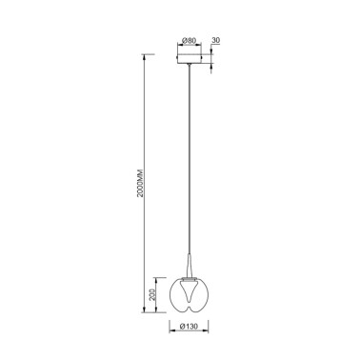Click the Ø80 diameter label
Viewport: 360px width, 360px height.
(x=189, y=40)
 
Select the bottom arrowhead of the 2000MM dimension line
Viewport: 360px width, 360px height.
(x=148, y=314)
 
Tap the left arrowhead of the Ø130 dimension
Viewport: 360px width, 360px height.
(x=171, y=335)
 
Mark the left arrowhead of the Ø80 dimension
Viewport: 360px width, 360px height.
(x=179, y=49)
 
